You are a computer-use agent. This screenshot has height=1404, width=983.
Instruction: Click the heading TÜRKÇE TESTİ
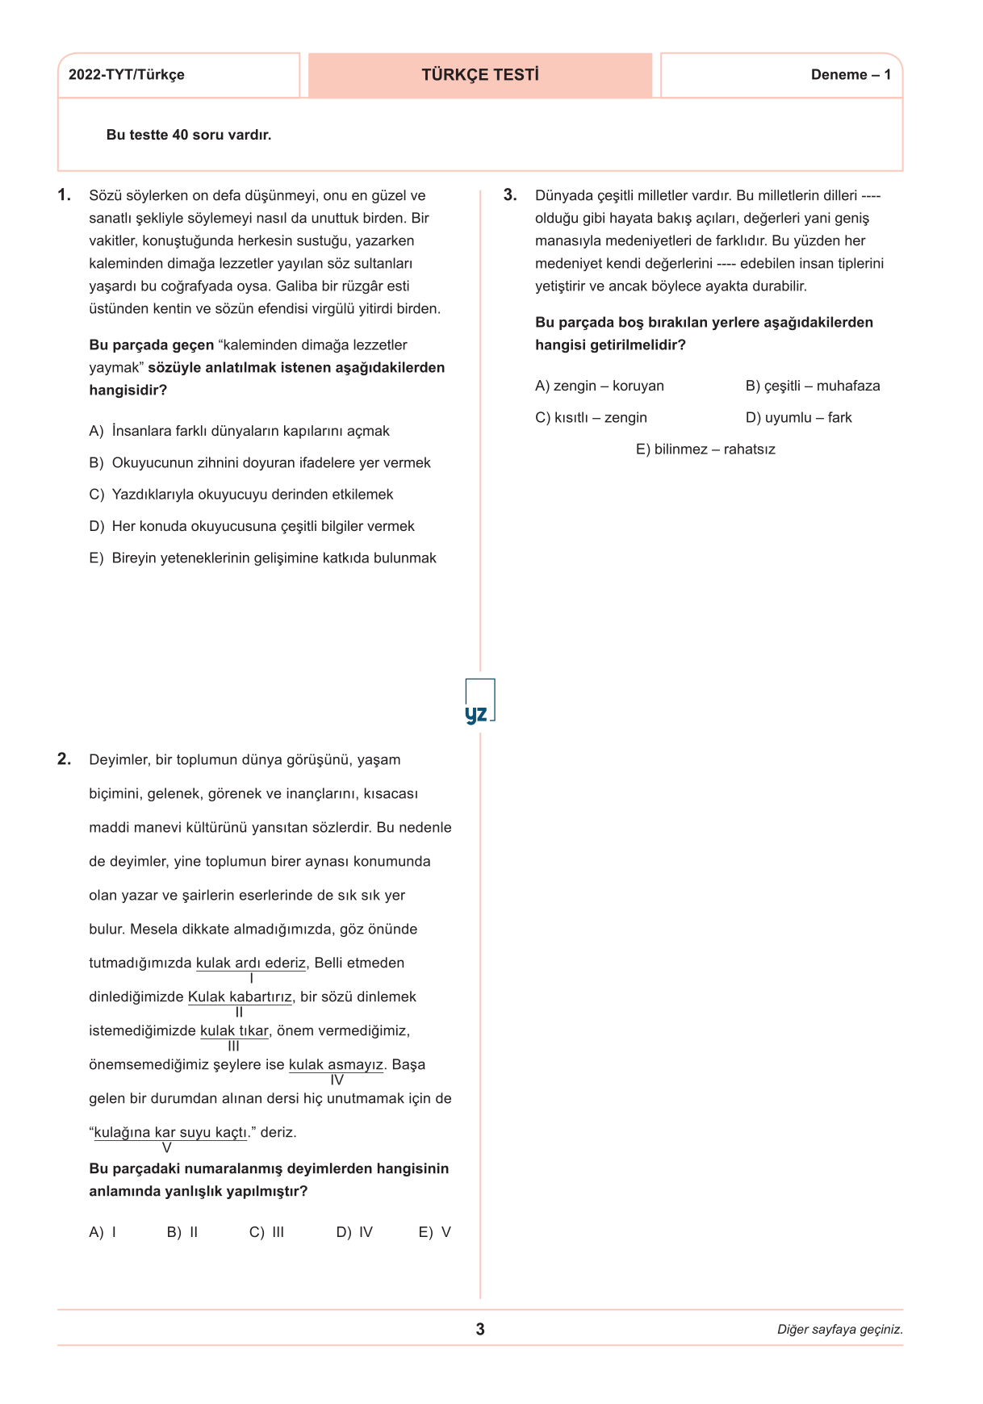[x=480, y=75]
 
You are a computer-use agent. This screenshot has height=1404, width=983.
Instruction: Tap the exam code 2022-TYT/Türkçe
[x=127, y=75]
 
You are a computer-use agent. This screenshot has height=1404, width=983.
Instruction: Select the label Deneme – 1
[x=851, y=75]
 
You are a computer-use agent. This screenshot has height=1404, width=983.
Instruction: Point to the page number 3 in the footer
[x=480, y=1329]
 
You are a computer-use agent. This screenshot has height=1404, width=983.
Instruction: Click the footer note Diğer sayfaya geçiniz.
[x=839, y=1330]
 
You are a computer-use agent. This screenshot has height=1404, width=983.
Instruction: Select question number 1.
[x=65, y=195]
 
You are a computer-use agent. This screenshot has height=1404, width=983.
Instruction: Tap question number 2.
[x=65, y=759]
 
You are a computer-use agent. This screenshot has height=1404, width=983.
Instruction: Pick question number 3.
[x=510, y=195]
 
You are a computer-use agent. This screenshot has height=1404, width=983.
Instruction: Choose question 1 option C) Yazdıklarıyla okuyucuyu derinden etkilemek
[x=241, y=495]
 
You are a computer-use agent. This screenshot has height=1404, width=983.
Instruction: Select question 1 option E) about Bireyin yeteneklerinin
[x=262, y=558]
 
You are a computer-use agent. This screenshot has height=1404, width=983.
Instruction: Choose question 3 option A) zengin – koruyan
[x=600, y=386]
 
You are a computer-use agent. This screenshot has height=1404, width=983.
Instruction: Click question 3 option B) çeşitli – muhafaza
[x=813, y=386]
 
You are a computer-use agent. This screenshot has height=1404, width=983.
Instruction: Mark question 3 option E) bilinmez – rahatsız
[x=705, y=449]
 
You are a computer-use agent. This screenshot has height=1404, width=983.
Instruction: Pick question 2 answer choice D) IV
[x=354, y=1232]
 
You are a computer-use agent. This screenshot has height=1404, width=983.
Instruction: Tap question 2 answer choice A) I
[x=102, y=1232]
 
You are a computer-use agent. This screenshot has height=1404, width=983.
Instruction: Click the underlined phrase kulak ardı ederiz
[x=251, y=963]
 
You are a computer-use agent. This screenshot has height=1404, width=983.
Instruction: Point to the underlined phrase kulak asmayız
[x=336, y=1064]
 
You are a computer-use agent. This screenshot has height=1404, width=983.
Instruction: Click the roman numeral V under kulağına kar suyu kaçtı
[x=167, y=1147]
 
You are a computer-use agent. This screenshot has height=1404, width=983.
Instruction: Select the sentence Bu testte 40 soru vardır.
[x=189, y=135]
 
